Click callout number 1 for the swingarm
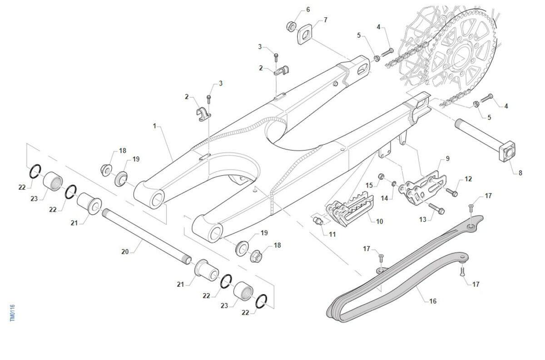[155, 126]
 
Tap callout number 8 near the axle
[520, 173]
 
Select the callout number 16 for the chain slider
[432, 301]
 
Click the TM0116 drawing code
[13, 314]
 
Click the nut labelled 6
[291, 25]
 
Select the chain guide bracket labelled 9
[420, 186]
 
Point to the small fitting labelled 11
[318, 221]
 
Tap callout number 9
[447, 159]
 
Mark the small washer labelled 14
[394, 184]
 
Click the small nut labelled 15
[382, 176]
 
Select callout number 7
[325, 20]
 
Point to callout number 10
[379, 221]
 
